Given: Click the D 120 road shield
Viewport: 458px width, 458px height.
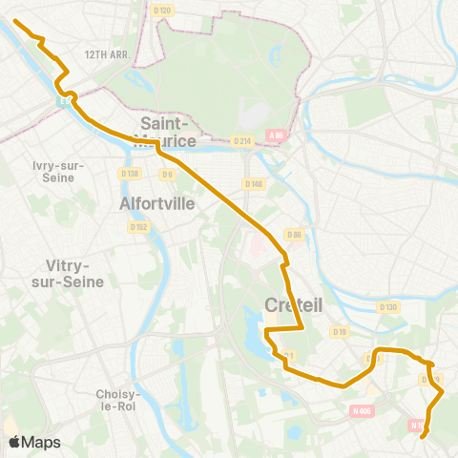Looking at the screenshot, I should coord(162,10).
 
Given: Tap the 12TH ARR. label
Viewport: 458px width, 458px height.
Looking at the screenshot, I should coord(106,55).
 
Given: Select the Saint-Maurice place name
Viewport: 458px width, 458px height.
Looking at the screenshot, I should coord(168,132).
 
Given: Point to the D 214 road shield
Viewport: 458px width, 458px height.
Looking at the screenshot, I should coord(241,140).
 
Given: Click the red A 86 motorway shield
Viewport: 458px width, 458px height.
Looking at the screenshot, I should coord(277,135).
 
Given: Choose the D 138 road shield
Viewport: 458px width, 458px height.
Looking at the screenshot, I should coord(130,173).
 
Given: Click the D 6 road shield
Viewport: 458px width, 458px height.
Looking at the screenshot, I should coord(166,174).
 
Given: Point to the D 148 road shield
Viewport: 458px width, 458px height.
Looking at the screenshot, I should coord(253,183).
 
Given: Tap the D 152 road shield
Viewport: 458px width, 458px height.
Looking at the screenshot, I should coord(139,226).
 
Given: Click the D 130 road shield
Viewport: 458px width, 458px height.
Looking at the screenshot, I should coord(387,307).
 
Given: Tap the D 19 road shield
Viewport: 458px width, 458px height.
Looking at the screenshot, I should coord(339,331).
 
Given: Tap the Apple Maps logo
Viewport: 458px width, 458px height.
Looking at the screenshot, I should coord(34,442).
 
